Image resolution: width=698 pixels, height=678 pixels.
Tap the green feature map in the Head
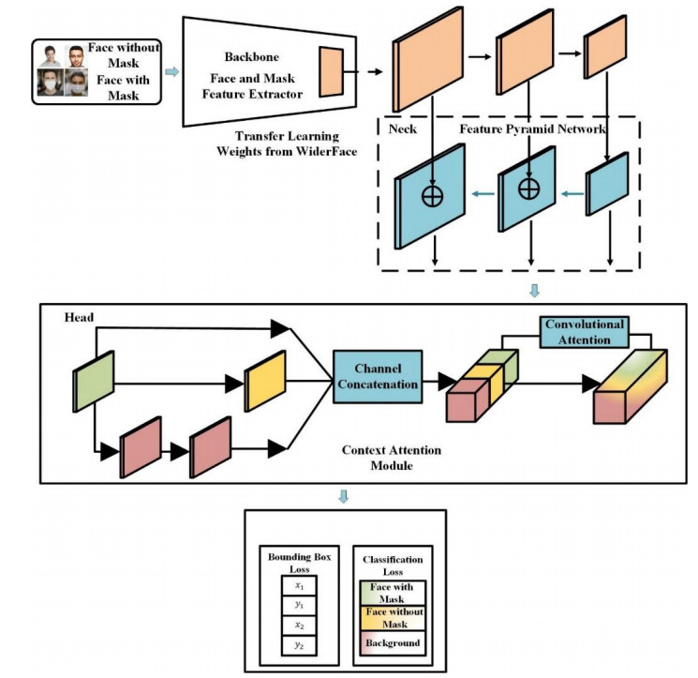tap(94, 381)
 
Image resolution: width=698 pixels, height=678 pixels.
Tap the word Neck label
tap(402, 128)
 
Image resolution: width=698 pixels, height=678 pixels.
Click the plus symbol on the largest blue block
tap(432, 196)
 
